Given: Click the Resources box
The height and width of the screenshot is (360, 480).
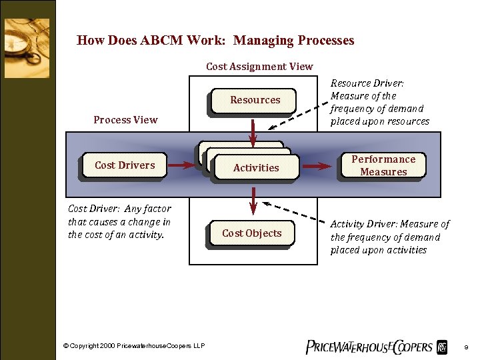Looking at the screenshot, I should pos(255,101).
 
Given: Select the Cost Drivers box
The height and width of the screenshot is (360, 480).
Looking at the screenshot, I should pos(125,166).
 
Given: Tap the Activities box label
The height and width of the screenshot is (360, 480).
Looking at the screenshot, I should pos(256,168).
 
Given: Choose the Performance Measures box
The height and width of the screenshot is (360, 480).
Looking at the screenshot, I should pos(383,166).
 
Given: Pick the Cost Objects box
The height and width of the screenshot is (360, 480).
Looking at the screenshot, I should pos(251,233).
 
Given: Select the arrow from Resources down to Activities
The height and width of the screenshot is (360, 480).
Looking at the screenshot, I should pos(254,130).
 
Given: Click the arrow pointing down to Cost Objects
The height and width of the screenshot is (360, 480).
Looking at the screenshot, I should pos(254,199).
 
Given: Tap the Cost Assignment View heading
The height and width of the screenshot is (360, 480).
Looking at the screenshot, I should pos(259,66).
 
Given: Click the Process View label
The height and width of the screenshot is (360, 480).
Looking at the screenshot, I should pos(125,120).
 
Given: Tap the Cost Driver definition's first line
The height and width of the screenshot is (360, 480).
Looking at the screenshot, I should pos(119,209).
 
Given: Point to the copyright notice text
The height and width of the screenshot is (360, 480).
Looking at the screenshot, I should pos(133,345).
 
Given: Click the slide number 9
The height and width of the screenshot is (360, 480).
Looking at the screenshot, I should pos(466,347).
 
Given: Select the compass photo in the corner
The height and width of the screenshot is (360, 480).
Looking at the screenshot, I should pos(27,48).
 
